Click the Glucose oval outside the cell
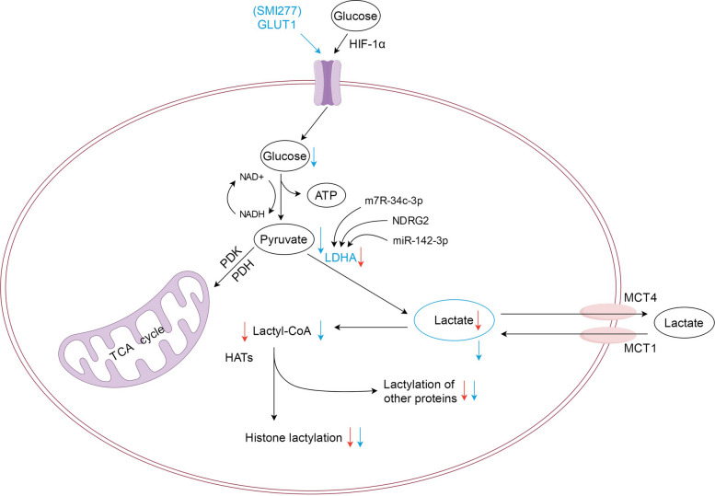355,16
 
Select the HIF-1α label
367,44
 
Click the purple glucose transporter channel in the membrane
327,83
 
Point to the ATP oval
326,196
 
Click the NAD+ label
251,177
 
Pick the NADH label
252,213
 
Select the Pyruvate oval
283,239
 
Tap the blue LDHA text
340,258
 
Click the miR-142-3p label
420,240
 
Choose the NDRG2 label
410,221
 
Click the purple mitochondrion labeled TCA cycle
138,329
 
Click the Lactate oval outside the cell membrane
684,323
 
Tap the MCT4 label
640,298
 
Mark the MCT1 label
640,348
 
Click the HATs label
239,357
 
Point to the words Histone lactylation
294,438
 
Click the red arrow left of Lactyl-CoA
244,331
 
